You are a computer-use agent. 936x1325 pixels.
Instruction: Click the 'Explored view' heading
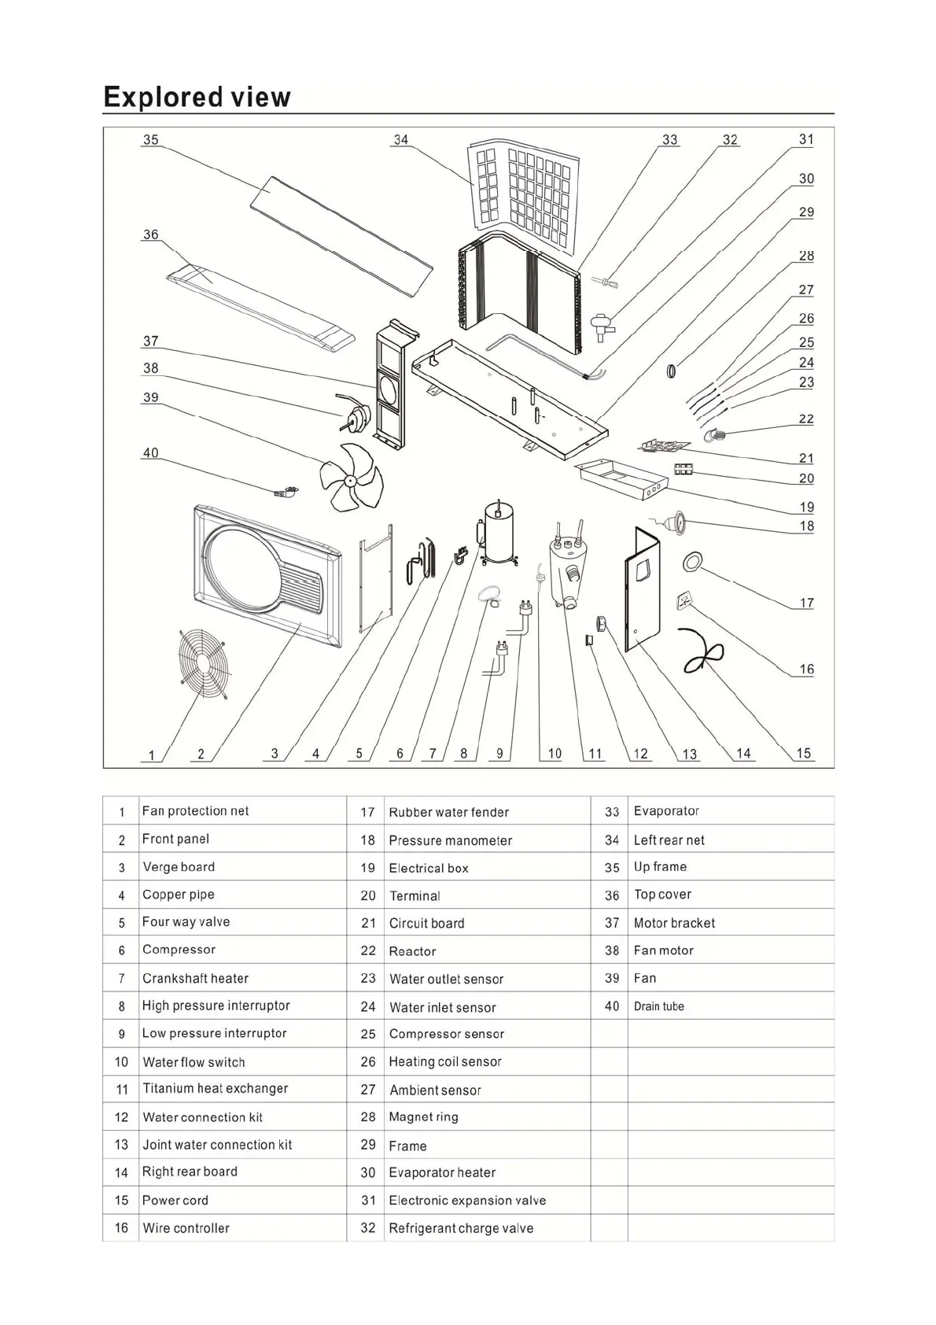pyautogui.click(x=197, y=97)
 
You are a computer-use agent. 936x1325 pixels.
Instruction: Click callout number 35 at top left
pyautogui.click(x=150, y=139)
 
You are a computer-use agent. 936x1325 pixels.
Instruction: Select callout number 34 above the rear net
pyautogui.click(x=401, y=139)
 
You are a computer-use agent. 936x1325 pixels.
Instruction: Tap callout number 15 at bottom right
pyautogui.click(x=803, y=753)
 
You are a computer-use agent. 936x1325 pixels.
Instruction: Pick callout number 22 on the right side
pyautogui.click(x=806, y=419)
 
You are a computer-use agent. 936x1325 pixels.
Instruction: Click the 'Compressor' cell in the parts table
pyautogui.click(x=179, y=950)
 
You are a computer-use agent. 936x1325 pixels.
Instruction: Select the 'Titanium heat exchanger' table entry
pyautogui.click(x=215, y=1089)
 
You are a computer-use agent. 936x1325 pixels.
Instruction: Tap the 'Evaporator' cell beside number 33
pyautogui.click(x=666, y=811)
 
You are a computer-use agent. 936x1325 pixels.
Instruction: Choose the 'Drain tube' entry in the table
pyautogui.click(x=659, y=1006)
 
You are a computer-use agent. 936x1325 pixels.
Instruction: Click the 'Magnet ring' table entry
pyautogui.click(x=423, y=1117)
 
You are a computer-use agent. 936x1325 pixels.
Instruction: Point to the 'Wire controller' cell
pyautogui.click(x=186, y=1228)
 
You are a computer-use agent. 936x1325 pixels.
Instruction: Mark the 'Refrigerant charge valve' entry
pyautogui.click(x=461, y=1228)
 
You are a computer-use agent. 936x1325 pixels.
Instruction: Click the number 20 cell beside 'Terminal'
pyautogui.click(x=367, y=896)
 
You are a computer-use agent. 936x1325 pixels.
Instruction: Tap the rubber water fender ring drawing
pyautogui.click(x=693, y=561)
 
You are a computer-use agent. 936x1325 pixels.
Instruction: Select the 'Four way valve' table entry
pyautogui.click(x=186, y=922)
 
